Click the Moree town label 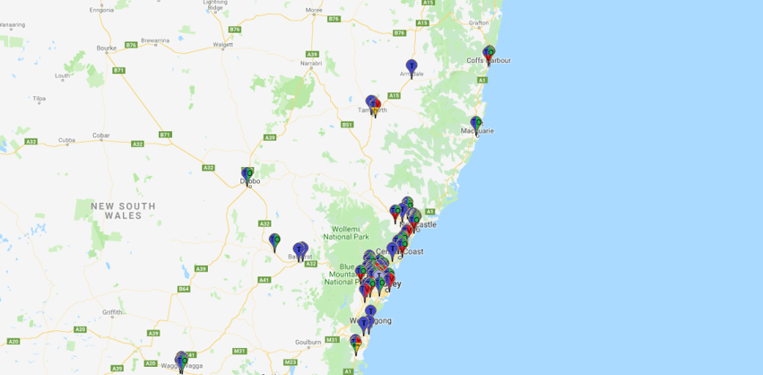[314, 11]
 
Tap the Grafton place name [479, 23]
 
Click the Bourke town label [106, 48]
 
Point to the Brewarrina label [154, 40]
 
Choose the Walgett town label [222, 45]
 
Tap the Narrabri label [311, 63]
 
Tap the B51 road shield [347, 125]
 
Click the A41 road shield [264, 280]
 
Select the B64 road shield [184, 289]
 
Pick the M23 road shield [290, 362]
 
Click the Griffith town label [112, 312]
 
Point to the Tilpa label [39, 99]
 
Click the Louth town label [62, 77]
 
